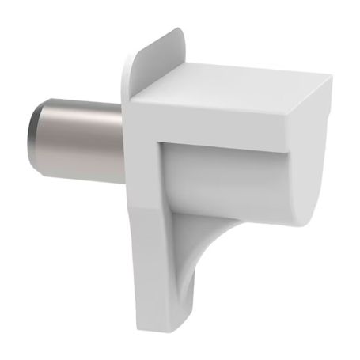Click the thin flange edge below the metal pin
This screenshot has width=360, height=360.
(127, 198)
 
